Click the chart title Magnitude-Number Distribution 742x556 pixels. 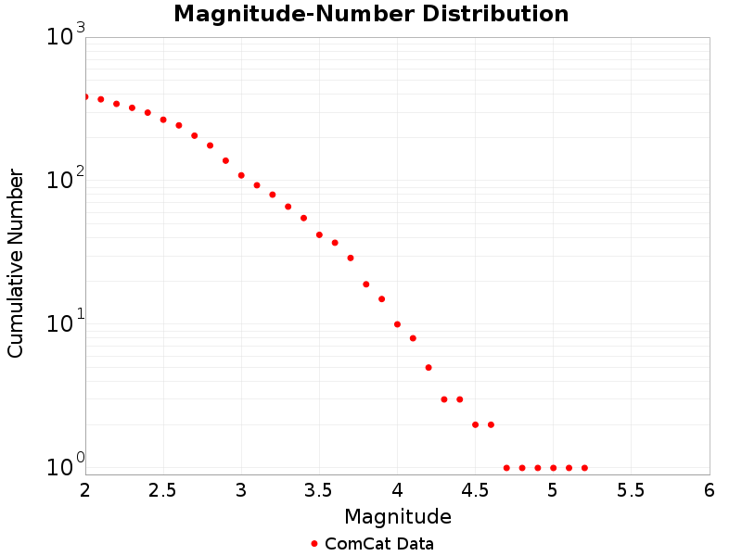click(371, 15)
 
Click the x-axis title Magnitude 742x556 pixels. click(397, 516)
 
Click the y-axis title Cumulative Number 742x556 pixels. click(16, 263)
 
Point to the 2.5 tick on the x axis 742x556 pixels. click(163, 489)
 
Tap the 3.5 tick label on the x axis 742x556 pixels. click(319, 489)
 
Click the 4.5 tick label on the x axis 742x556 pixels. click(475, 489)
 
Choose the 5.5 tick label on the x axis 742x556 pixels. click(631, 489)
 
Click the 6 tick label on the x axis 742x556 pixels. click(709, 489)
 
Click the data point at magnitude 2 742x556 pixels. click(85, 96)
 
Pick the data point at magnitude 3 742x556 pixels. click(241, 175)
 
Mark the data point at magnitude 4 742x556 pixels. click(397, 324)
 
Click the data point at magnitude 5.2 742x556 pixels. click(584, 468)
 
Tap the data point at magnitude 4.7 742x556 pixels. click(506, 468)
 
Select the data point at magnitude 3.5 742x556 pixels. click(319, 234)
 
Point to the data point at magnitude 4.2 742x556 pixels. click(429, 367)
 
